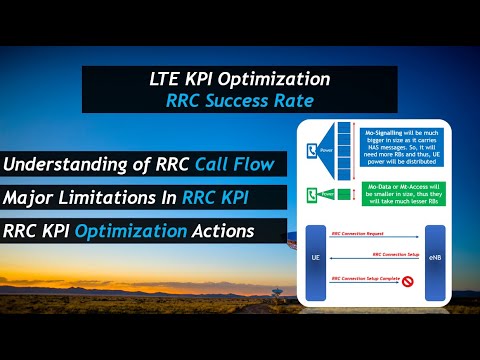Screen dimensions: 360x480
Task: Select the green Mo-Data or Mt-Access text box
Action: [405, 196]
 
